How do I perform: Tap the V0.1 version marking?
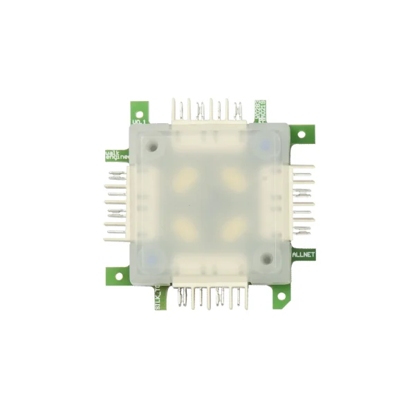tap(138, 122)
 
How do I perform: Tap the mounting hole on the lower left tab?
tap(118, 276)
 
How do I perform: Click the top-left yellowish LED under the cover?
tap(185, 181)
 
